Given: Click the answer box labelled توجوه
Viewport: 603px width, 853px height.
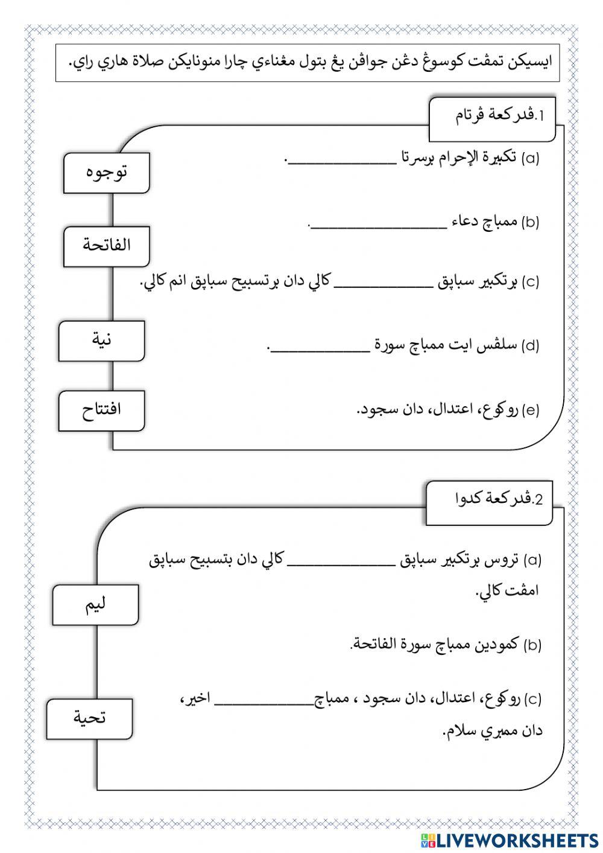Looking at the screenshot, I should pos(106,173).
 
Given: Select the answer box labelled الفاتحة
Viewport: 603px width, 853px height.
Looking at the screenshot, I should pos(106,246).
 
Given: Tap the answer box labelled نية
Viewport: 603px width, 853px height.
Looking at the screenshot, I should pos(101,340).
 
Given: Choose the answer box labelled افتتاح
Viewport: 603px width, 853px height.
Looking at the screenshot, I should pos(101,411).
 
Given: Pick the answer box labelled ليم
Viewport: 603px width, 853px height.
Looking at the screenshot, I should pos(95,604).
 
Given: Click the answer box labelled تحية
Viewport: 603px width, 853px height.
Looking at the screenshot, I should pos(89,718).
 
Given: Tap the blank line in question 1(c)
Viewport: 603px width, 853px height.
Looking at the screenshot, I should pos(386,284).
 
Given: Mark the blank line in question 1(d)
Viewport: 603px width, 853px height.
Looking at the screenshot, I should pos(320,349).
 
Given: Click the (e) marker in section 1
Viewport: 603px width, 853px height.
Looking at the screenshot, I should pos(531,411).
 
